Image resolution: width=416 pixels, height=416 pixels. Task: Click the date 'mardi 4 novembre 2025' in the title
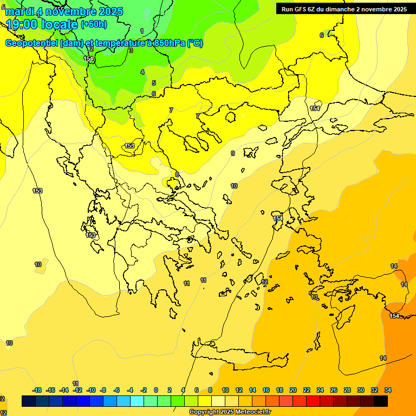(x=64, y=11)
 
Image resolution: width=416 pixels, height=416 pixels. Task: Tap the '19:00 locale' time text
(x=42, y=24)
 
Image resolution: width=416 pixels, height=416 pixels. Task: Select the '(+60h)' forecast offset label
(x=94, y=24)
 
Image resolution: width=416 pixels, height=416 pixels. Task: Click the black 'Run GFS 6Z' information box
(x=344, y=9)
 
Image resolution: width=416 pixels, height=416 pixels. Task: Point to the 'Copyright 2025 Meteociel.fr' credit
(x=230, y=412)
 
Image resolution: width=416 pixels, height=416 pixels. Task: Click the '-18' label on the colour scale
(x=37, y=390)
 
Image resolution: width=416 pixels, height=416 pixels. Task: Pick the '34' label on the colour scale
(x=388, y=390)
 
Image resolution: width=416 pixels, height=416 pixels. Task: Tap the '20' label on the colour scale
(x=293, y=390)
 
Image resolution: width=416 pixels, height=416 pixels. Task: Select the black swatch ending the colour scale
(x=381, y=401)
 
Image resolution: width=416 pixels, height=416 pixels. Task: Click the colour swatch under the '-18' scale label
(x=29, y=401)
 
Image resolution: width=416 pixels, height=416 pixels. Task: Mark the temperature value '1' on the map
(x=142, y=31)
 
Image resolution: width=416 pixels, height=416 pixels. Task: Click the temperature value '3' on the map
(x=131, y=50)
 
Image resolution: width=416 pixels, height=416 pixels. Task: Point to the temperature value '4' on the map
(x=142, y=72)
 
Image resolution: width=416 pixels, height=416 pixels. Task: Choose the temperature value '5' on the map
(x=154, y=83)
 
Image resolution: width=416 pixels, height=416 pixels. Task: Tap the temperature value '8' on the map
(x=177, y=174)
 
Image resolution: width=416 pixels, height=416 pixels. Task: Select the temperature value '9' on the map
(x=233, y=153)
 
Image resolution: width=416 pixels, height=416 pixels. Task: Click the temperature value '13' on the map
(x=314, y=297)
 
